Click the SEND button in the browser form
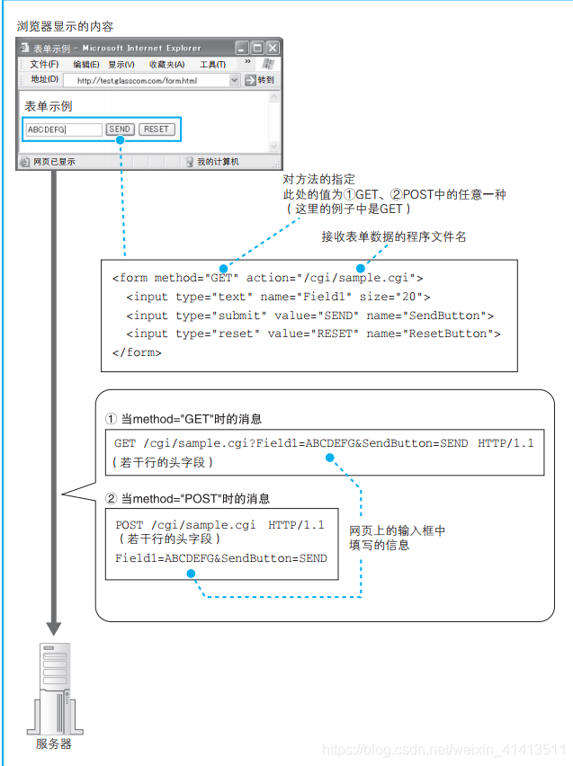point(120,129)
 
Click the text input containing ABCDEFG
point(63,129)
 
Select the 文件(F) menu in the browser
point(44,65)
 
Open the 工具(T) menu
point(212,65)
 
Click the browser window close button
point(273,48)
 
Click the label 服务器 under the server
point(54,744)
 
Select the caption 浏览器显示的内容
point(66,26)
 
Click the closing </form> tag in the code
point(137,352)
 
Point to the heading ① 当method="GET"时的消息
point(184,419)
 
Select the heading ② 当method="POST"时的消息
point(187,498)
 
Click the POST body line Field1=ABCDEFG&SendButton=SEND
point(221,558)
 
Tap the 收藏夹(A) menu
point(166,65)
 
